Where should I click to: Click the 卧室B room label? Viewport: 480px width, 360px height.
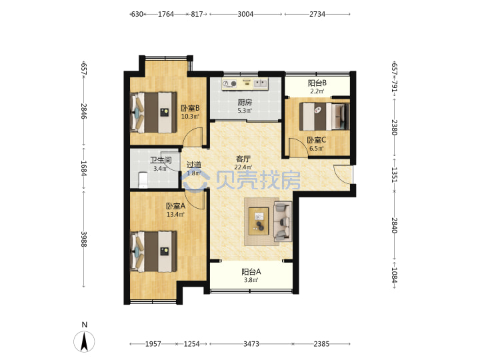[x=190, y=109]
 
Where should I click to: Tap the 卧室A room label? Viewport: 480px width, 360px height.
[x=175, y=206]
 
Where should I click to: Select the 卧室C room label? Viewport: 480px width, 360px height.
[x=317, y=140]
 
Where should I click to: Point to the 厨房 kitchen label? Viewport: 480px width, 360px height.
[x=245, y=103]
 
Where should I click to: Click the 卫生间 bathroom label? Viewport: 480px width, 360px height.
[x=161, y=160]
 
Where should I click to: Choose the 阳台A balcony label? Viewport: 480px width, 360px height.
[x=251, y=272]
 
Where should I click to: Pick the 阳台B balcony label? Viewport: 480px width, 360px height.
[x=317, y=83]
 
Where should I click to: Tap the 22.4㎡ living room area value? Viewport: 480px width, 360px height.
[x=243, y=167]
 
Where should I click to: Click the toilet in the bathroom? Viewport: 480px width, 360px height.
[x=143, y=180]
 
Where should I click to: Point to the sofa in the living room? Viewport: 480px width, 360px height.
[x=283, y=221]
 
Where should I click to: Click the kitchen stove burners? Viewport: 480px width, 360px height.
[x=230, y=83]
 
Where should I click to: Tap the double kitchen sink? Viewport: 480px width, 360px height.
[x=261, y=83]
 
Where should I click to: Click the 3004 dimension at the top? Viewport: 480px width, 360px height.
[x=245, y=14]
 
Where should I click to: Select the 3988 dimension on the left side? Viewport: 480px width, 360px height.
[x=84, y=239]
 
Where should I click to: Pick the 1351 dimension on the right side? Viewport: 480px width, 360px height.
[x=394, y=175]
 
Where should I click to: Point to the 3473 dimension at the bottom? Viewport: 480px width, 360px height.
[x=251, y=344]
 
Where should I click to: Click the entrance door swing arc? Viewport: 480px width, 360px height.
[x=339, y=176]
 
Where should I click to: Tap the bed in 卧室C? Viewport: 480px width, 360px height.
[x=324, y=117]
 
